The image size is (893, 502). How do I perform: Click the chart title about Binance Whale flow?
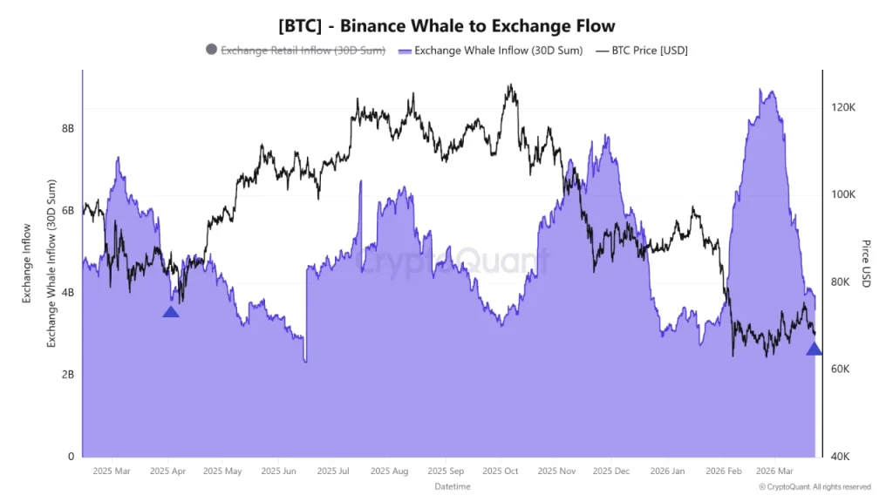446,26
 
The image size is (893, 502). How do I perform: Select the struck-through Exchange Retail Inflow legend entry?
303,50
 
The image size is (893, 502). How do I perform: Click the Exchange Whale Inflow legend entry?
490,50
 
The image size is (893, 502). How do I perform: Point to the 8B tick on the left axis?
67,128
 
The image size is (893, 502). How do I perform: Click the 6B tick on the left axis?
67,210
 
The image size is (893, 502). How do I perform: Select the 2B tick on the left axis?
67,375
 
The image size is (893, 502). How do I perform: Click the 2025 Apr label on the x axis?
169,471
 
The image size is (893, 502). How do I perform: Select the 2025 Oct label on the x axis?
500,471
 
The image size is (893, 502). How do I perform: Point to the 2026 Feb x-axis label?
724,471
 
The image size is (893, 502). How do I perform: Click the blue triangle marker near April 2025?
171,312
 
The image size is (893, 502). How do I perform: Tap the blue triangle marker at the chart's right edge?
814,349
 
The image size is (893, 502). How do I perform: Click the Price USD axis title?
866,263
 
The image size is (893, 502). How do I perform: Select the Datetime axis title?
452,486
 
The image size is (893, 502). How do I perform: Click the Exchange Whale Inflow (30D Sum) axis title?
51,263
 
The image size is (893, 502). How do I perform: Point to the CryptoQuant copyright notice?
815,487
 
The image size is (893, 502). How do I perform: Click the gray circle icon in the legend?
211,50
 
